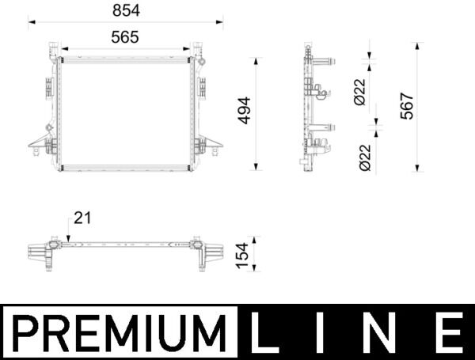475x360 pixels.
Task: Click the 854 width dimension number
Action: (x=126, y=10)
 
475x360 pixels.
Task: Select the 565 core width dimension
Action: (x=125, y=37)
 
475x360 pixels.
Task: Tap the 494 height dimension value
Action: (x=244, y=111)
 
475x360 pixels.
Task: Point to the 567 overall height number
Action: (x=407, y=106)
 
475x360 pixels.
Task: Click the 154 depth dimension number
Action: (x=242, y=256)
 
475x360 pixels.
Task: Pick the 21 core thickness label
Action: (x=82, y=218)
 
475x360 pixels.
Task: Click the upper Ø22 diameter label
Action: (x=360, y=92)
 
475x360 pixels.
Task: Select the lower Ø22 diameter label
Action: (x=365, y=157)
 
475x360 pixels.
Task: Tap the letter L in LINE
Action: (x=264, y=332)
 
